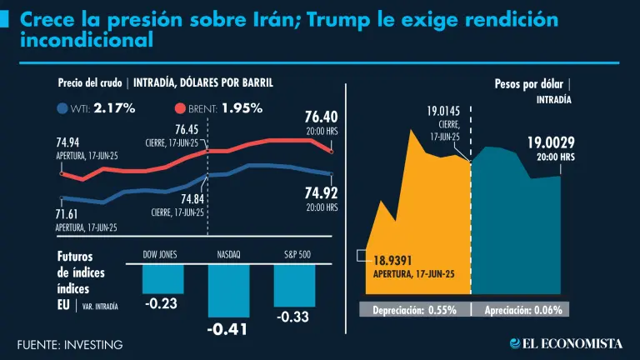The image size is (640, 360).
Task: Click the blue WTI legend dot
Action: [x=62, y=108]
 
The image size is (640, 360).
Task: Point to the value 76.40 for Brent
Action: [x=321, y=117]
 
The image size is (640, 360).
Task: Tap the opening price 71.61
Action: [x=72, y=212]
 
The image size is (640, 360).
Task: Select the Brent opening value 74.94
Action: [x=72, y=143]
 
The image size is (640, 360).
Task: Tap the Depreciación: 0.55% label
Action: [x=413, y=310]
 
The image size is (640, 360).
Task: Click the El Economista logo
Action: [x=566, y=343]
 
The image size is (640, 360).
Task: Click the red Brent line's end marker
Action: [x=332, y=152]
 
